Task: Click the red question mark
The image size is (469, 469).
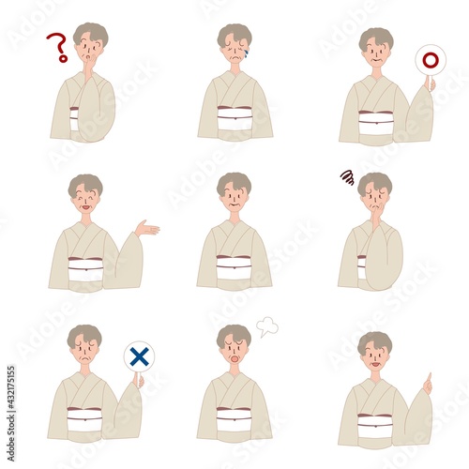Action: [x=58, y=46]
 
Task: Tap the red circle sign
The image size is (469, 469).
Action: [x=431, y=61]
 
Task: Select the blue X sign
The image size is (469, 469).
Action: [x=139, y=356]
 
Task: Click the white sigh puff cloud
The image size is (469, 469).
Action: [x=267, y=326]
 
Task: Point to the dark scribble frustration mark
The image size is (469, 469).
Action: [x=346, y=176]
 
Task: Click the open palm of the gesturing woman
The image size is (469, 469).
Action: [x=146, y=228]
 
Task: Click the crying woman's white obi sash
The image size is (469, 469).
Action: [x=234, y=119]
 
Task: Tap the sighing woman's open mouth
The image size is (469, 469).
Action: [x=234, y=357]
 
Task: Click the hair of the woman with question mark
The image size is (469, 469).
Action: [x=91, y=30]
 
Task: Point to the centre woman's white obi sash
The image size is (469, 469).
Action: [x=234, y=267]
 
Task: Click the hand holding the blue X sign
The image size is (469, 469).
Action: [x=138, y=380]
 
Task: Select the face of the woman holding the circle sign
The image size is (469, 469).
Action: [x=376, y=53]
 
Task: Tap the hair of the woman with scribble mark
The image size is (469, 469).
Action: [x=375, y=180]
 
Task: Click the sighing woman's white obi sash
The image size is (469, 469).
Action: [x=234, y=418]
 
